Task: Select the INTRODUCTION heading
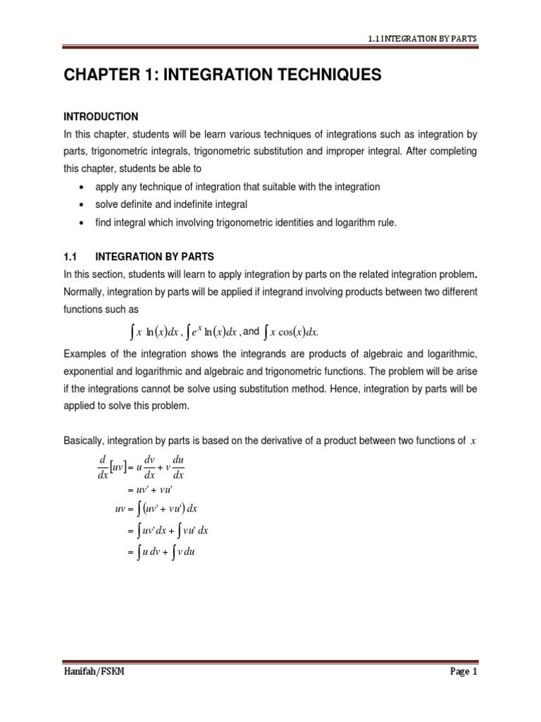click(101, 116)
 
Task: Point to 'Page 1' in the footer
click(464, 692)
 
